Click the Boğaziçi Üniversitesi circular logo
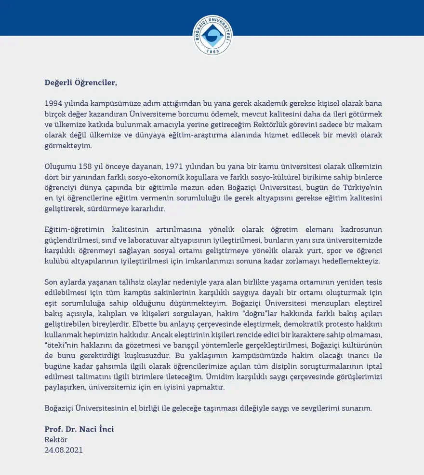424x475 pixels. tap(212, 35)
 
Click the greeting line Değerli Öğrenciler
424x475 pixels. tap(81, 82)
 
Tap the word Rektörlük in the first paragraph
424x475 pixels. tap(271, 125)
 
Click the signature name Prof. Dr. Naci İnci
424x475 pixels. tap(79, 429)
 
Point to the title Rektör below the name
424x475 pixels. tap(56, 439)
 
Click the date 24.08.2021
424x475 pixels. tap(64, 450)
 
